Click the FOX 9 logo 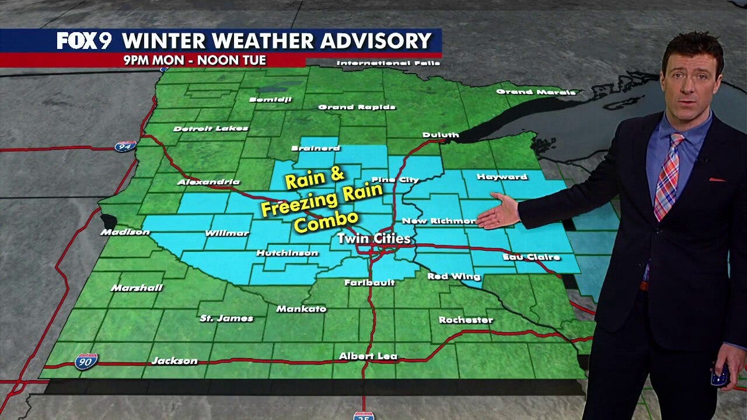pyautogui.click(x=87, y=41)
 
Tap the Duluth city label pyautogui.click(x=441, y=135)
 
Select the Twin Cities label pyautogui.click(x=373, y=239)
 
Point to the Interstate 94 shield pyautogui.click(x=125, y=146)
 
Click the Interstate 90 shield pyautogui.click(x=86, y=362)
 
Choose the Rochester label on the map pyautogui.click(x=466, y=320)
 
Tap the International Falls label pyautogui.click(x=381, y=63)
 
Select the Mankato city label pyautogui.click(x=301, y=309)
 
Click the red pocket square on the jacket pyautogui.click(x=717, y=180)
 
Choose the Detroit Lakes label pyautogui.click(x=211, y=128)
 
